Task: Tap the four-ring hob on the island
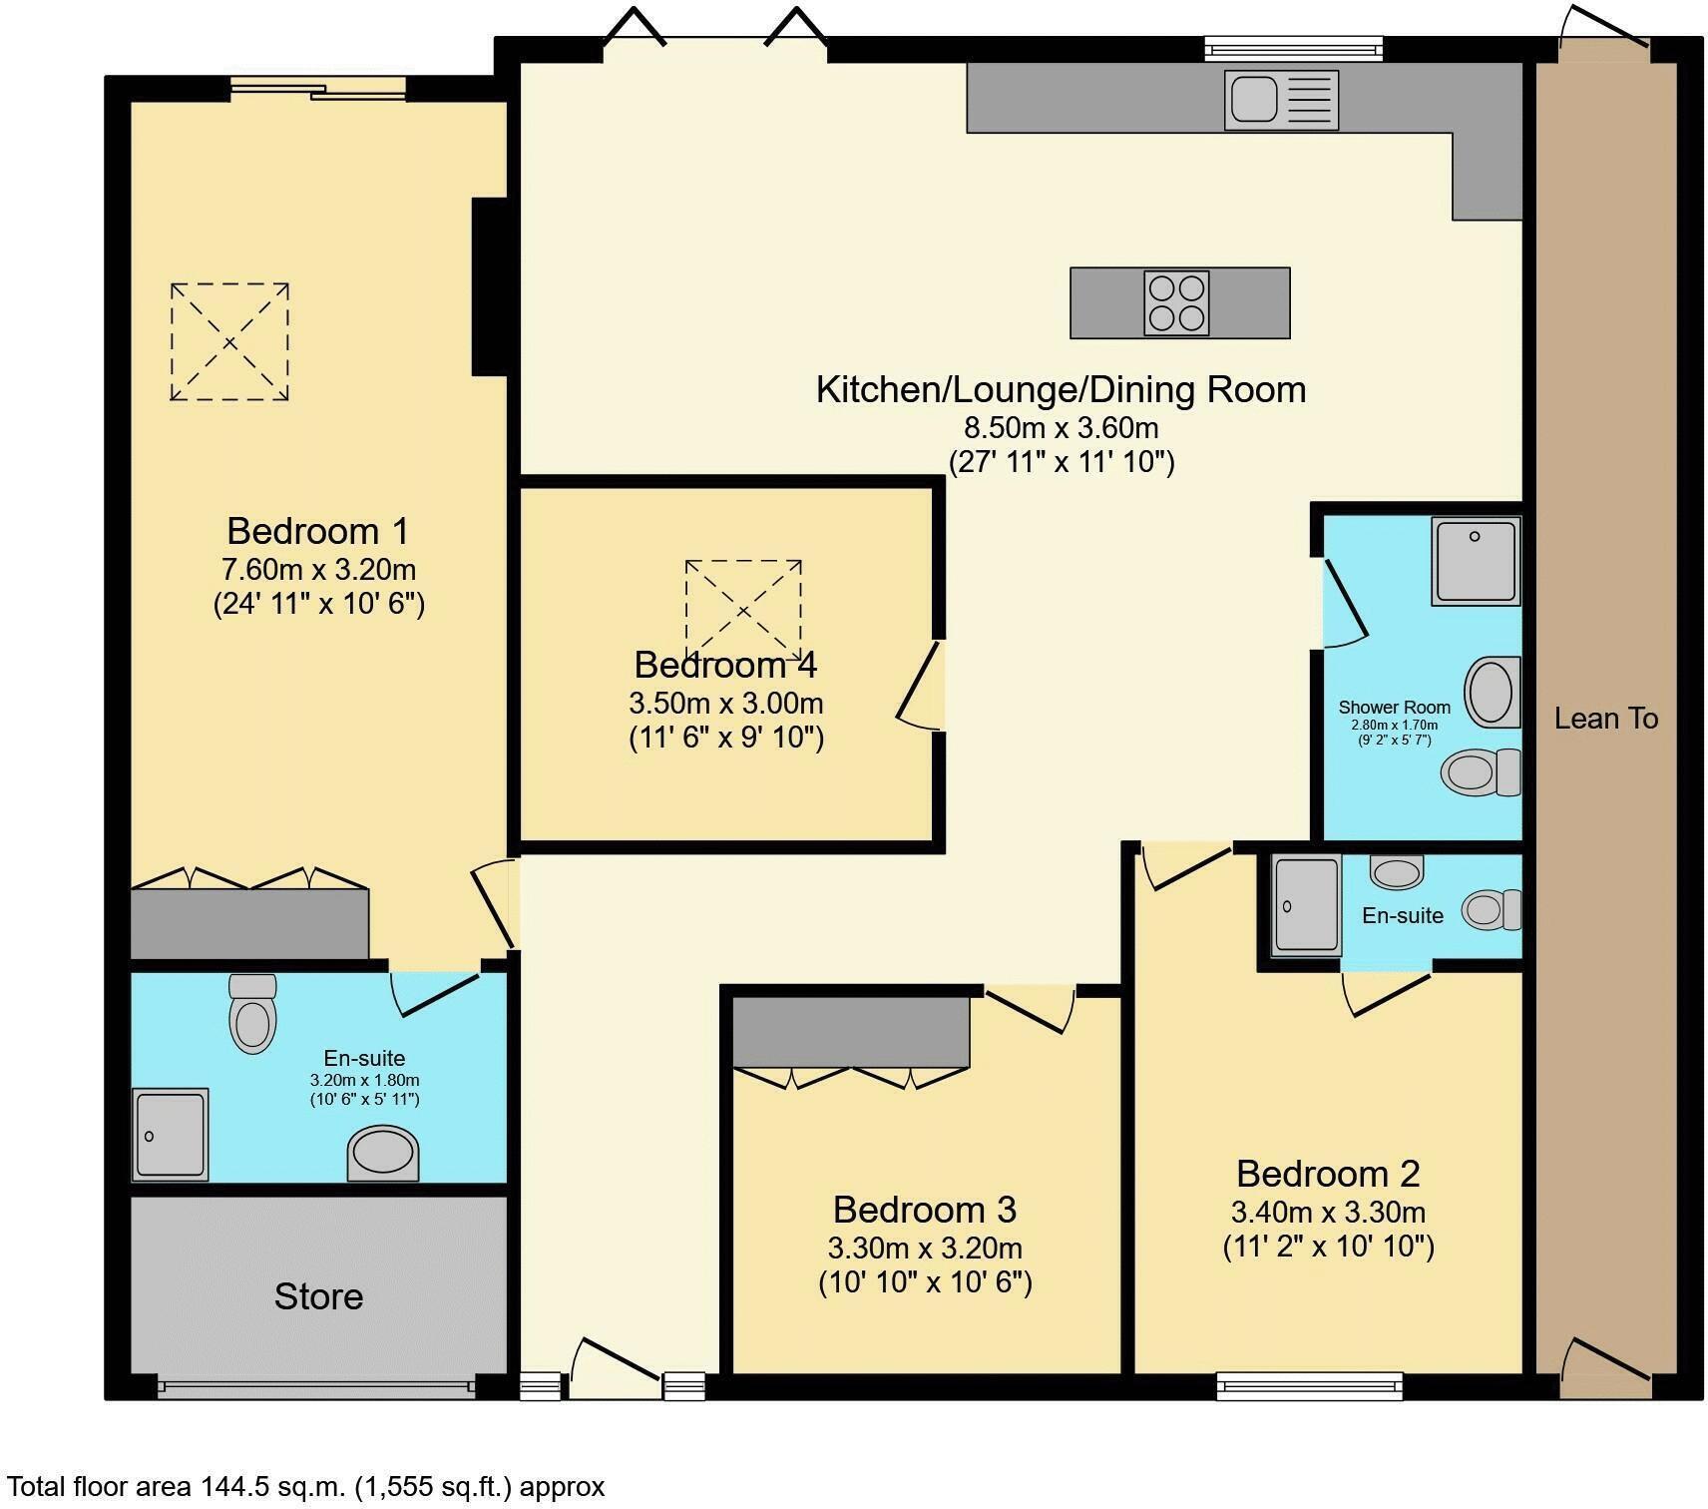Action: pos(1176,302)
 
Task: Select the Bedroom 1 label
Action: pos(317,530)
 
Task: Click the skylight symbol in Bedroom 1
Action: pos(229,342)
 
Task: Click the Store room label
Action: pos(318,1296)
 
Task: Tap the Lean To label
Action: pos(1605,719)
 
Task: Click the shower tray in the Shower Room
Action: pos(1475,560)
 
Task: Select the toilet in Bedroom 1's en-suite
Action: pos(252,1014)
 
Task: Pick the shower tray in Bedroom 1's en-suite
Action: pos(171,1135)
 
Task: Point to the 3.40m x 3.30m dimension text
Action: pos(1328,1213)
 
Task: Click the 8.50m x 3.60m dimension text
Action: pos(1061,428)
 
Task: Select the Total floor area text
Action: pos(305,1487)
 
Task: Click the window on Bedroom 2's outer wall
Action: pos(1309,1385)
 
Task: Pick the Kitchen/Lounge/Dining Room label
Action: pos(1061,389)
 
